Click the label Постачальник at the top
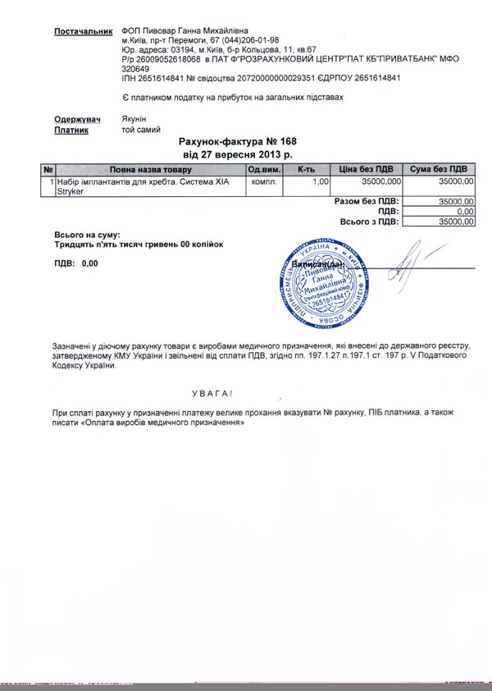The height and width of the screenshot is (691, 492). [x=82, y=31]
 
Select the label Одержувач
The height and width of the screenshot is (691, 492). [x=79, y=119]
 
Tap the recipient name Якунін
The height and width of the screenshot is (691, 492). [x=135, y=119]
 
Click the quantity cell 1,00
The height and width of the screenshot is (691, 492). [x=321, y=181]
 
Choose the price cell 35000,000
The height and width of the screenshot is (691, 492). [x=381, y=181]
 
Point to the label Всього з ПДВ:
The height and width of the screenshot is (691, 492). [x=369, y=222]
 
